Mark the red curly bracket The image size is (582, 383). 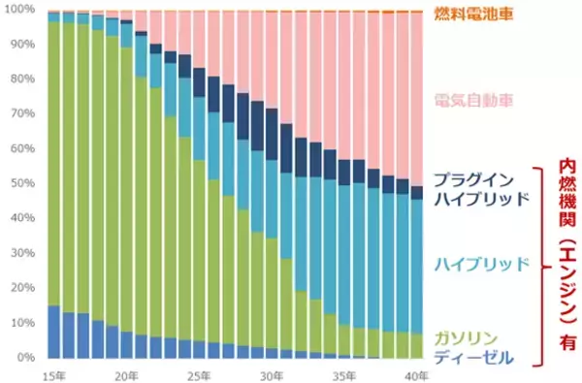[538, 265]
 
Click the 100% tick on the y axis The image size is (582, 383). [21, 11]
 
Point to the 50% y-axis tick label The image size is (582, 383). [23, 184]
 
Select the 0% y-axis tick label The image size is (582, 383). [26, 358]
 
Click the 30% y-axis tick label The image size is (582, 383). [23, 254]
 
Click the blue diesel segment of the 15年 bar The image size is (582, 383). [53, 332]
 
